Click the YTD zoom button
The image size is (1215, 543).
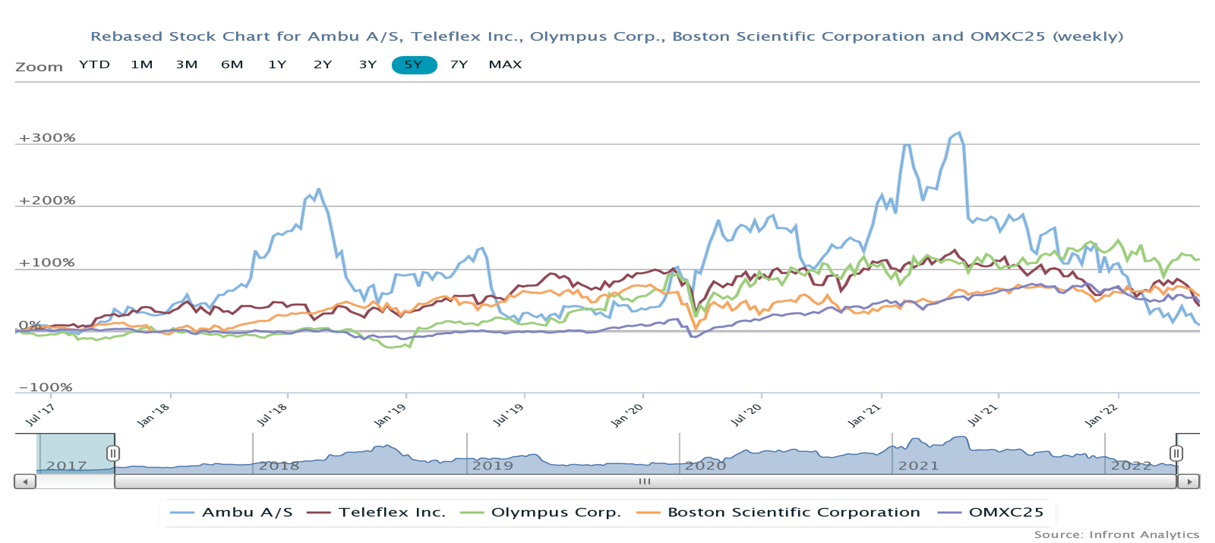(x=94, y=65)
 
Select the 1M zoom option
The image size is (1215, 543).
(x=142, y=65)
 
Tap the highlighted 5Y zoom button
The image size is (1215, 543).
(x=414, y=65)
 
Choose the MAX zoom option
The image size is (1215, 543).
(x=505, y=65)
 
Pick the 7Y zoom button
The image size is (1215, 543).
(x=458, y=65)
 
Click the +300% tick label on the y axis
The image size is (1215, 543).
(x=47, y=138)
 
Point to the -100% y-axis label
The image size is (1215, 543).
(x=45, y=387)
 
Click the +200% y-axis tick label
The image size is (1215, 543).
(x=47, y=201)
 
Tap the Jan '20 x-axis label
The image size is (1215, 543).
(x=627, y=415)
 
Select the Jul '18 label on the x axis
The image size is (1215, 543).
(x=272, y=415)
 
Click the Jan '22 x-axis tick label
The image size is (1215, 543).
(x=1101, y=415)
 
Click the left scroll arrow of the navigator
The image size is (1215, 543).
(x=25, y=482)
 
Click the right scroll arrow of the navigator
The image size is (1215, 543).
(x=1189, y=482)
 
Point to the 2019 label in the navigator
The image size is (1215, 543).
(x=493, y=466)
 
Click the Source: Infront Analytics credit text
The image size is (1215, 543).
(x=1116, y=535)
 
